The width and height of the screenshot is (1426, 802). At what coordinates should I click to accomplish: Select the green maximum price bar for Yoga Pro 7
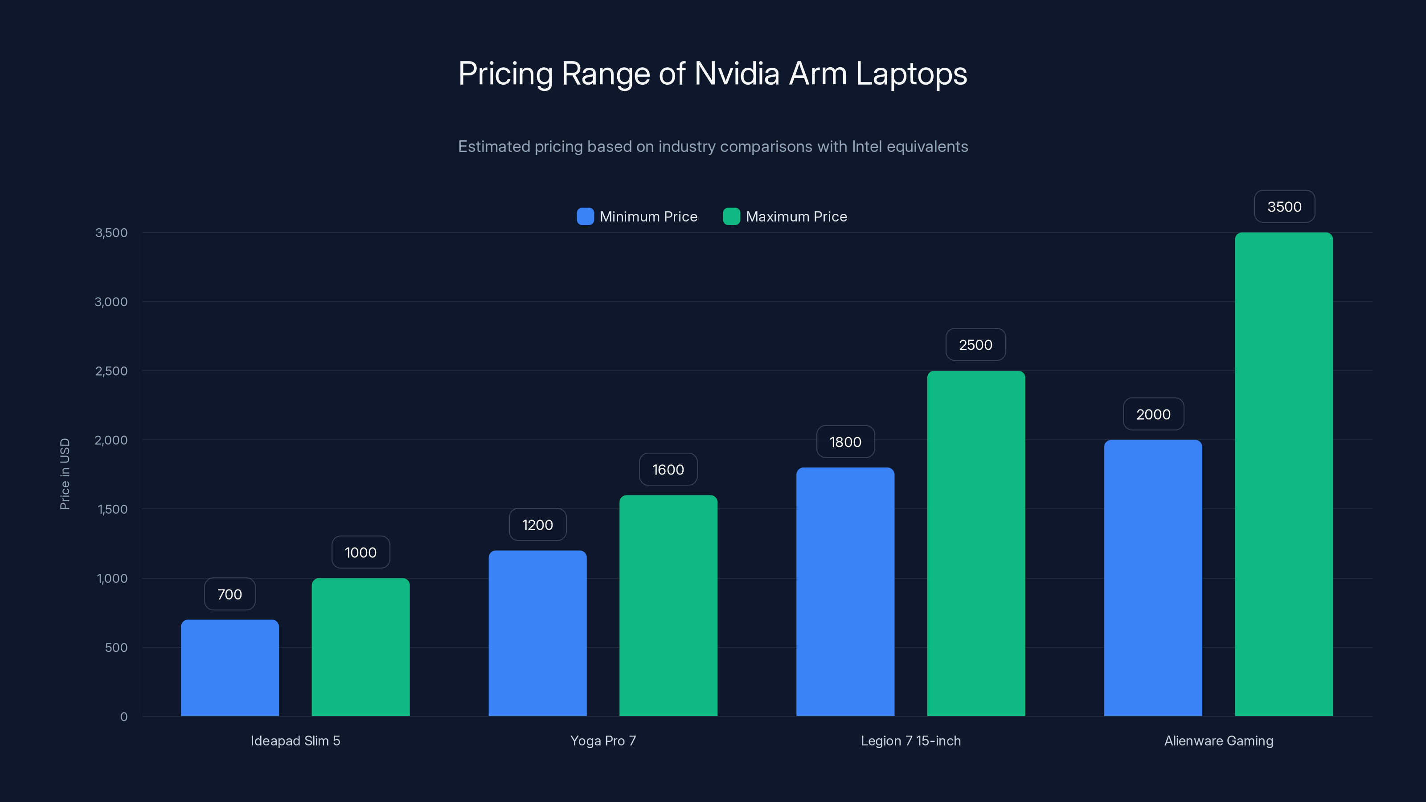click(668, 606)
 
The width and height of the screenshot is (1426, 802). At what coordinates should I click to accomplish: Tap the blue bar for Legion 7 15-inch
click(845, 592)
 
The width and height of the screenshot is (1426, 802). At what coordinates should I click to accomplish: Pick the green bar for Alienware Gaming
click(1284, 475)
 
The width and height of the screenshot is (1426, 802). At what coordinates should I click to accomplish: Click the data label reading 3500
click(1284, 207)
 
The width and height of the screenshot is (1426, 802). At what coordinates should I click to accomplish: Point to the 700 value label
click(230, 594)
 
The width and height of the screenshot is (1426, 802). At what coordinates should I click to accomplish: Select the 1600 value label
click(668, 470)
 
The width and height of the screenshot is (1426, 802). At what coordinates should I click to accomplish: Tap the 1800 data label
click(845, 442)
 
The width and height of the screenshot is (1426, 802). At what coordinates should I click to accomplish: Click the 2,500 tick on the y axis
click(111, 371)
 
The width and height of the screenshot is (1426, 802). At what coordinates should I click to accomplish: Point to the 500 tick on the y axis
click(116, 647)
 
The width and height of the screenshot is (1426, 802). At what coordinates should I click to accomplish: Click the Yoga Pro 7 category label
click(603, 741)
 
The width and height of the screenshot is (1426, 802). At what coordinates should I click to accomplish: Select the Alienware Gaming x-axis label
click(1218, 741)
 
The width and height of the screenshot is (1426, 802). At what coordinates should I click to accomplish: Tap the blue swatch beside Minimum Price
click(585, 217)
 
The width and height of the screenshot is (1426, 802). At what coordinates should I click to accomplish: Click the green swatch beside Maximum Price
click(731, 217)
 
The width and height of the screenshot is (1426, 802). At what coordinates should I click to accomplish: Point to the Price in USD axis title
click(65, 474)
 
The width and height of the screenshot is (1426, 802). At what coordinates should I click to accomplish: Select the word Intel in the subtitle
click(867, 147)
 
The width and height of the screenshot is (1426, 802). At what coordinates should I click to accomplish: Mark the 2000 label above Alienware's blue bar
click(1153, 414)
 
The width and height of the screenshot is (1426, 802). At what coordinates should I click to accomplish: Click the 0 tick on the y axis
click(124, 717)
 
